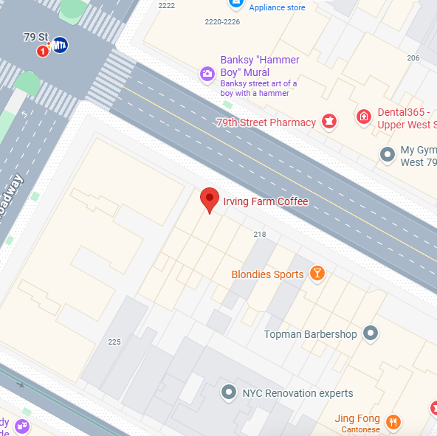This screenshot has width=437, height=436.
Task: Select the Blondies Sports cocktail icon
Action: click(x=317, y=274)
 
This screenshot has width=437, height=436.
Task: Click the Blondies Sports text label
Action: click(x=267, y=274)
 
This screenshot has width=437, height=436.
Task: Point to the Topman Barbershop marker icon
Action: click(x=371, y=334)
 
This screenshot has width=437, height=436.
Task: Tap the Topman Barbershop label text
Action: click(x=310, y=335)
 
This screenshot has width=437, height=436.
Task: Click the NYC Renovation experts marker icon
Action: click(x=230, y=392)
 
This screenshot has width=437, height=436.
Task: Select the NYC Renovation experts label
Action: click(x=297, y=393)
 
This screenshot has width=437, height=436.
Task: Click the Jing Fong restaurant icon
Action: click(x=393, y=422)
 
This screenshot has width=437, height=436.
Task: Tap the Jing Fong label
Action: click(x=357, y=418)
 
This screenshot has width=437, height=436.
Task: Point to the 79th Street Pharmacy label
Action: click(x=266, y=122)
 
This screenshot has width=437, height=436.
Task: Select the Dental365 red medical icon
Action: click(x=363, y=116)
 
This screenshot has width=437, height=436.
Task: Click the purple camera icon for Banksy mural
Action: click(x=207, y=73)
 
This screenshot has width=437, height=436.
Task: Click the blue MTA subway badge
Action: click(x=60, y=46)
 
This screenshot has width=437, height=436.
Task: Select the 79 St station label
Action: click(x=35, y=36)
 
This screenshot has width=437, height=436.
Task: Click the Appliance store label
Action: click(x=277, y=7)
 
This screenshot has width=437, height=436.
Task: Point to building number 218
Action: click(x=259, y=234)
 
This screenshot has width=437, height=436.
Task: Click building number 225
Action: click(x=114, y=342)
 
